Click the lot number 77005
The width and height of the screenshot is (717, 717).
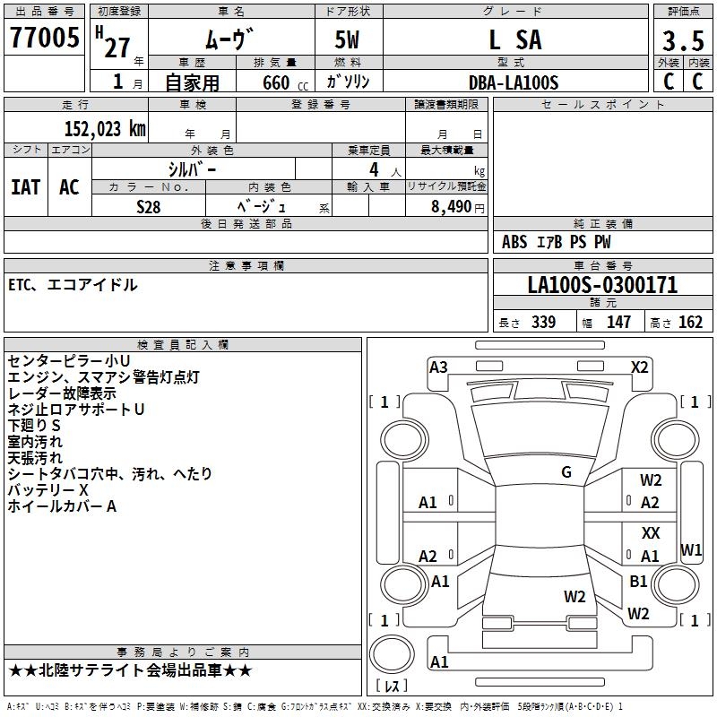43,39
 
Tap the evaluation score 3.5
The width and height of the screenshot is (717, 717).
681,41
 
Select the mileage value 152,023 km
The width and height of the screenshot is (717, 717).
104,128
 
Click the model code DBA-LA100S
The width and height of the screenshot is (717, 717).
514,82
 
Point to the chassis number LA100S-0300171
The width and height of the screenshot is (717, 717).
602,286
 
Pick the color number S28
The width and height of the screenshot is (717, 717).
150,206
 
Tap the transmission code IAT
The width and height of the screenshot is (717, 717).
25,187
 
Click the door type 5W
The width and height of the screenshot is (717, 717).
348,40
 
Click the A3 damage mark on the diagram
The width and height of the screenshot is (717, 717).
438,367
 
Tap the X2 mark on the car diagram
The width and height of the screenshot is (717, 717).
640,367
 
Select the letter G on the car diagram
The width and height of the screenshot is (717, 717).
566,472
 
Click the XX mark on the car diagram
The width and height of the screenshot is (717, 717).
651,533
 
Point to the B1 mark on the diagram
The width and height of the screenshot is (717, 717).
638,581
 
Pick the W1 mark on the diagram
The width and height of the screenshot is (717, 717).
691,549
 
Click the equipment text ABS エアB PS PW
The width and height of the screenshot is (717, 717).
557,242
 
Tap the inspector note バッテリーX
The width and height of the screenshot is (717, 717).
48,490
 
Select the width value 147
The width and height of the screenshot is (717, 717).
619,323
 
